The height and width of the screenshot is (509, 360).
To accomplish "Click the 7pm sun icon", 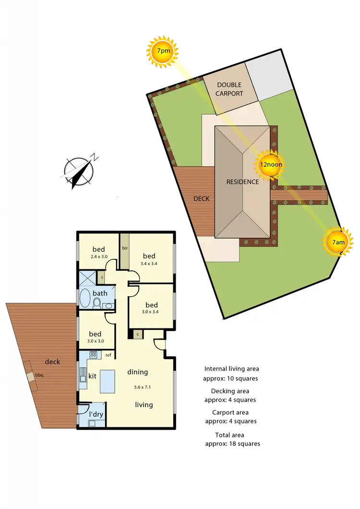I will [x=162, y=50].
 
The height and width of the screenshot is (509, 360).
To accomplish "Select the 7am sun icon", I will [x=338, y=242].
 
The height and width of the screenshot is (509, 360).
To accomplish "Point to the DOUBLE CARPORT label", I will [x=229, y=89].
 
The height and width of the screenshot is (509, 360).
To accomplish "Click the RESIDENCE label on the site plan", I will [x=242, y=182].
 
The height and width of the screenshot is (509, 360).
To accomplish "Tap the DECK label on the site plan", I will [x=201, y=198].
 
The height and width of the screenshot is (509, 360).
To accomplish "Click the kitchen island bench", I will [x=108, y=382].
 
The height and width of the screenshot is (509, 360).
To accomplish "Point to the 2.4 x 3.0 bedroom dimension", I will [x=98, y=257].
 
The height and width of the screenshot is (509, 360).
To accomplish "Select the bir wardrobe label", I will [x=125, y=248].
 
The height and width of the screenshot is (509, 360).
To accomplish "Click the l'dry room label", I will [x=97, y=413].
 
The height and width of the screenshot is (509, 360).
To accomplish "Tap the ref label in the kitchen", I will [x=108, y=355].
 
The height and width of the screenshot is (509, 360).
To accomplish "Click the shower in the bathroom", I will [x=88, y=278].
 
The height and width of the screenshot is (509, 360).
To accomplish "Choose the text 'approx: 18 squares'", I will [x=232, y=444].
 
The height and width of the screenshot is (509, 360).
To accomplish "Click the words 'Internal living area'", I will [x=231, y=369].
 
